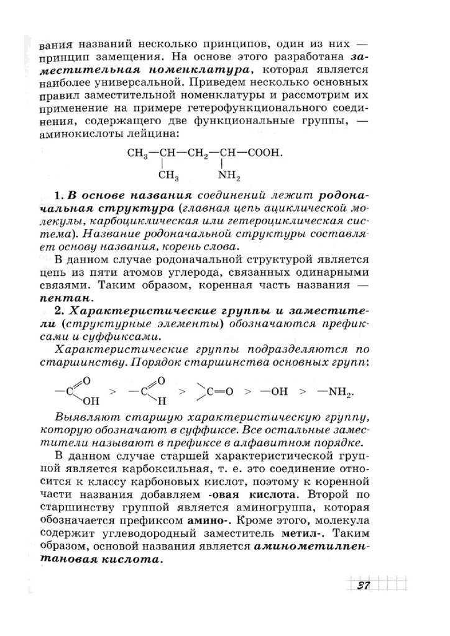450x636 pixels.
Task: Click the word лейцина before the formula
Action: coord(158,134)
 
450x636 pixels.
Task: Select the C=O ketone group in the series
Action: coord(214,391)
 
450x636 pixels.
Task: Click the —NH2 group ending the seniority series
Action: coord(336,392)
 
